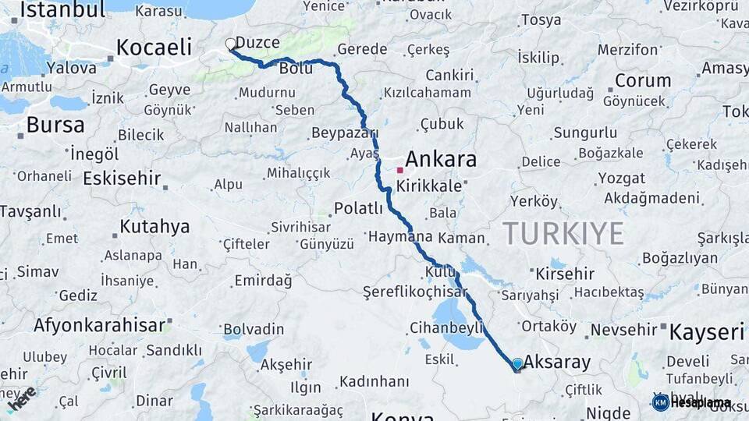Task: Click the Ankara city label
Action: (x=441, y=160)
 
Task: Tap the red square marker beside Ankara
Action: (x=400, y=169)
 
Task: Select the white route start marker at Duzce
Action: (x=230, y=44)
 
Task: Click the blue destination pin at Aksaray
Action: (x=517, y=363)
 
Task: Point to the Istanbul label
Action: (x=62, y=10)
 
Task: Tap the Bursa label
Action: (x=55, y=125)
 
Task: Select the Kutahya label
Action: (x=154, y=227)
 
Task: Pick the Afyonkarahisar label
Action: (x=99, y=324)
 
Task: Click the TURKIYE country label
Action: (x=563, y=232)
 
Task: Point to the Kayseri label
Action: (x=707, y=333)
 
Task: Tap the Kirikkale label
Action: (x=429, y=186)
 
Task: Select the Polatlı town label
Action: (x=358, y=208)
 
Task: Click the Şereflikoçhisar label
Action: (x=414, y=292)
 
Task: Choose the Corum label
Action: (x=643, y=80)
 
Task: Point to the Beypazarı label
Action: (x=344, y=133)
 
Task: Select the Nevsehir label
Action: (x=624, y=330)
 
